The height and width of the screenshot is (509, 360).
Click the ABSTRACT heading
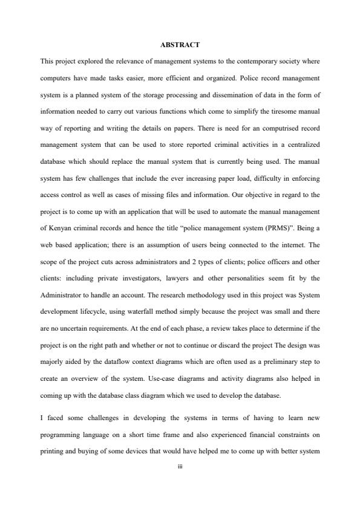pos(180,45)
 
